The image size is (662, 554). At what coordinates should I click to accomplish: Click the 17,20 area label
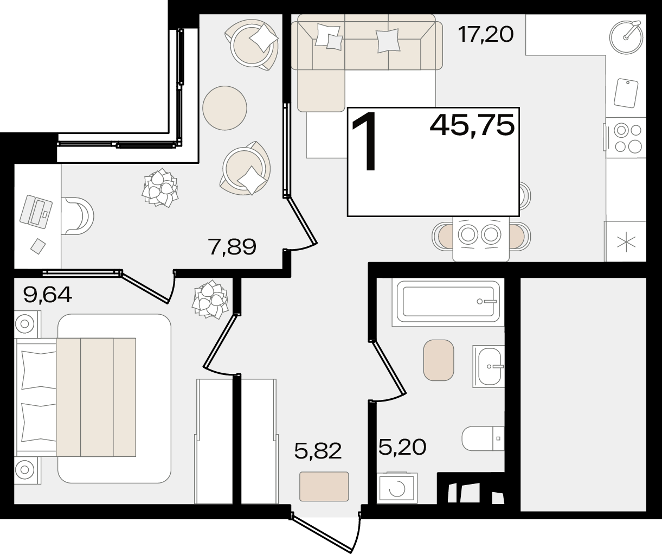pyautogui.click(x=486, y=35)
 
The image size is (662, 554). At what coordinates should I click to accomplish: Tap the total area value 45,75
pyautogui.click(x=472, y=125)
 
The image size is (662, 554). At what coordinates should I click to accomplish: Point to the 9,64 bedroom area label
pyautogui.click(x=48, y=295)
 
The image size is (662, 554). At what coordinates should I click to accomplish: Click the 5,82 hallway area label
pyautogui.click(x=318, y=450)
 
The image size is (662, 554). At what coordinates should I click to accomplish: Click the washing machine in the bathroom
pyautogui.click(x=397, y=488)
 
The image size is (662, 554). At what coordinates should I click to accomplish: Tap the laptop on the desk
pyautogui.click(x=36, y=212)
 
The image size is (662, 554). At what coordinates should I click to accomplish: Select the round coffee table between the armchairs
pyautogui.click(x=225, y=108)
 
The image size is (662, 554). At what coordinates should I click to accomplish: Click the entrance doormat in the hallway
pyautogui.click(x=324, y=486)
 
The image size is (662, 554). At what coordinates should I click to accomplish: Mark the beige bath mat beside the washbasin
pyautogui.click(x=439, y=360)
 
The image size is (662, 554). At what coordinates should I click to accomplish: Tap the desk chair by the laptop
pyautogui.click(x=78, y=216)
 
